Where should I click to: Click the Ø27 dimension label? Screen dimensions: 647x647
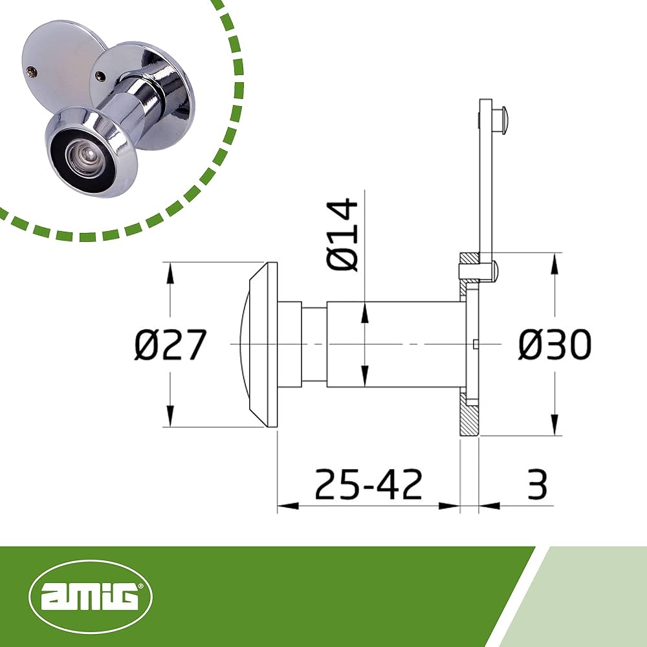170,345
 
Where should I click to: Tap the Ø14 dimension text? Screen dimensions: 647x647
343,235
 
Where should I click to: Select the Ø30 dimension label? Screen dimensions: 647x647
554,345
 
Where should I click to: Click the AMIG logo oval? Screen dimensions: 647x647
91,597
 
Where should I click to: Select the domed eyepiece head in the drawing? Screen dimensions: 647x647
256,345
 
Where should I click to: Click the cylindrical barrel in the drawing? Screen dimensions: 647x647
395,345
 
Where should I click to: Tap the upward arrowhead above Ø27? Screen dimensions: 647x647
170,272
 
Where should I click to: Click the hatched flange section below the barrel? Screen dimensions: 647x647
469,417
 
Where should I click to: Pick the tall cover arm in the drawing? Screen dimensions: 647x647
485,181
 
